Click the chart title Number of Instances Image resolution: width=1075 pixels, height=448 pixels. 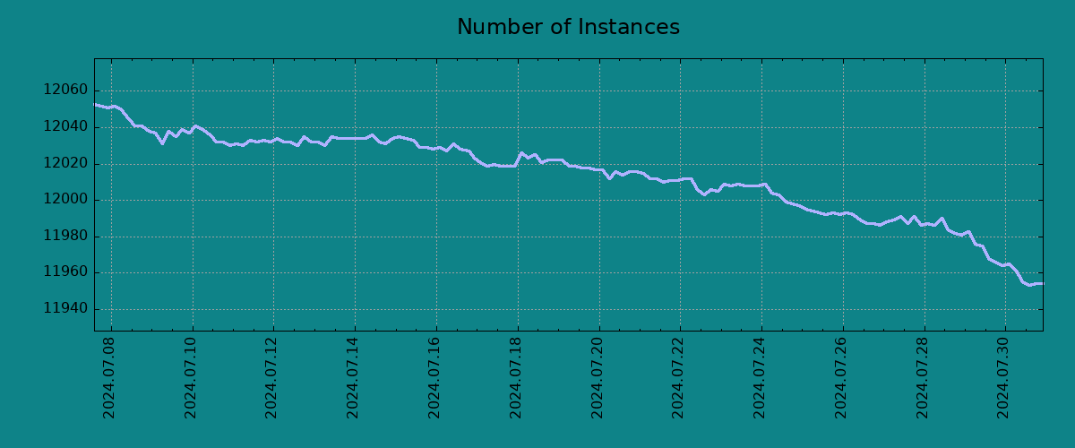pos(568,28)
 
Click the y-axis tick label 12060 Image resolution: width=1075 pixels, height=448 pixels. pos(64,90)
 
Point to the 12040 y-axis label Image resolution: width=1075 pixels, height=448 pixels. pos(64,127)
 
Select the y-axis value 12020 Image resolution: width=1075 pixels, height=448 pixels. pos(64,164)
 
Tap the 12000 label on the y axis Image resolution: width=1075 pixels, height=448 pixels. pos(64,200)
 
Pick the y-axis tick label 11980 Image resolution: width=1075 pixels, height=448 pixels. pos(64,237)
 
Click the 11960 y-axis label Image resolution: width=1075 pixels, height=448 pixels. pos(64,272)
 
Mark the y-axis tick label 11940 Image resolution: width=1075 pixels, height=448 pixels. pos(64,309)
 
